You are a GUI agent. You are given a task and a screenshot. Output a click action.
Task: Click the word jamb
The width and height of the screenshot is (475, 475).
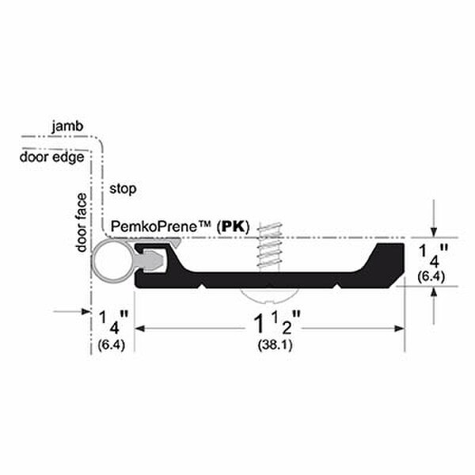click(67, 127)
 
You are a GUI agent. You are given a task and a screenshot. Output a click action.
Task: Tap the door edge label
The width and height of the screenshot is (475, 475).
click(51, 158)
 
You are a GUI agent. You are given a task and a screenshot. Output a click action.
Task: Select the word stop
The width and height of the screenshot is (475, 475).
click(123, 188)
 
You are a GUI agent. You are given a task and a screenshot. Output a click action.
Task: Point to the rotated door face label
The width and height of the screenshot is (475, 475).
click(82, 223)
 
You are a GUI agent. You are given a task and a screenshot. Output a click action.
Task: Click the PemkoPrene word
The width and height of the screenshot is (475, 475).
click(160, 226)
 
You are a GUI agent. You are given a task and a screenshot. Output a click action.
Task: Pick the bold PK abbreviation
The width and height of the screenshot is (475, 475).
click(234, 226)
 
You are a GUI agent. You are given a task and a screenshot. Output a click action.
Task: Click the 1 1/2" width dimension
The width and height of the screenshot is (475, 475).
click(276, 323)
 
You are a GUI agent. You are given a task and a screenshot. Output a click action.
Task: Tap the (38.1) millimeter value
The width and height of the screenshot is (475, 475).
click(275, 344)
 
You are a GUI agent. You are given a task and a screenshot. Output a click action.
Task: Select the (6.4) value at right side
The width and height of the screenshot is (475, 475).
click(431, 276)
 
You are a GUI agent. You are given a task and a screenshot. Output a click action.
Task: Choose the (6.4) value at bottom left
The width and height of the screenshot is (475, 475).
click(111, 344)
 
